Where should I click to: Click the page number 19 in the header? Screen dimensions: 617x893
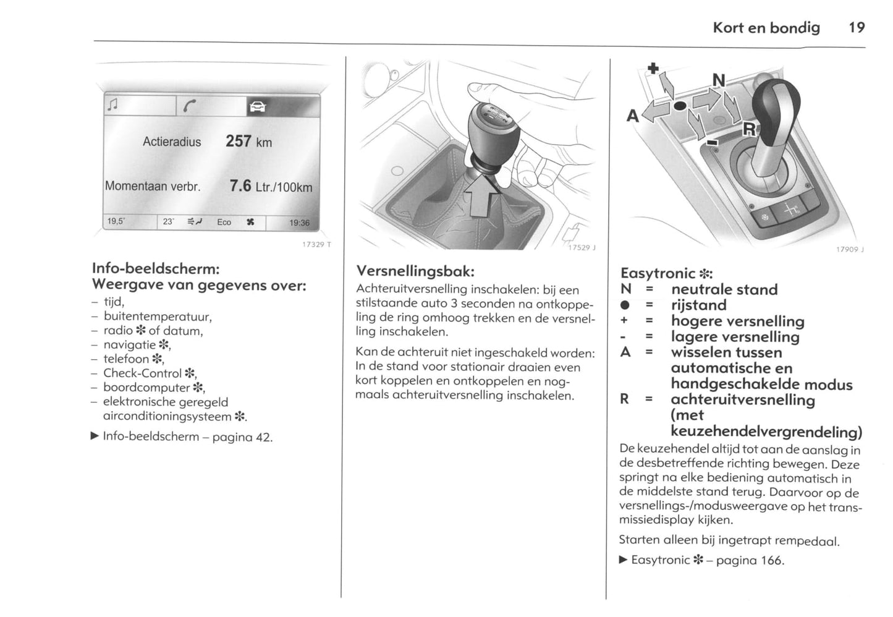[857, 27]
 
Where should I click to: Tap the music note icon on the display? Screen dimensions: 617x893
[112, 106]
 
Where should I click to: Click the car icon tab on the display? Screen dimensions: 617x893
[257, 107]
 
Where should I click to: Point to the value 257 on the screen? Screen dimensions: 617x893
[238, 141]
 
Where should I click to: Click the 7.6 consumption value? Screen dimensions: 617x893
[240, 185]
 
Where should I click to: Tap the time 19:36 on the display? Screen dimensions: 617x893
[300, 223]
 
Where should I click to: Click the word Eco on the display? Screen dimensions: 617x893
[224, 222]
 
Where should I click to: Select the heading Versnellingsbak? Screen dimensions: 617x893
[415, 271]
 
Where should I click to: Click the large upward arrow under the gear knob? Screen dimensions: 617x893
[479, 193]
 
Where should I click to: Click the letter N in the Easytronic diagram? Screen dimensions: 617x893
[719, 81]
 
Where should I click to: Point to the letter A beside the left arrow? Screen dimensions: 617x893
[632, 116]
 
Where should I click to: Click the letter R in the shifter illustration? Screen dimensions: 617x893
[748, 129]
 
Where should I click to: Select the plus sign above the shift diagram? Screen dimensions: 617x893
[653, 67]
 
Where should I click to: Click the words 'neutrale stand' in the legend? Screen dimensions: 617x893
[724, 289]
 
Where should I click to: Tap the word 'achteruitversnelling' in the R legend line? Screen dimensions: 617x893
[743, 399]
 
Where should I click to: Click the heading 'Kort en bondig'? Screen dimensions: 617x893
[766, 27]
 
